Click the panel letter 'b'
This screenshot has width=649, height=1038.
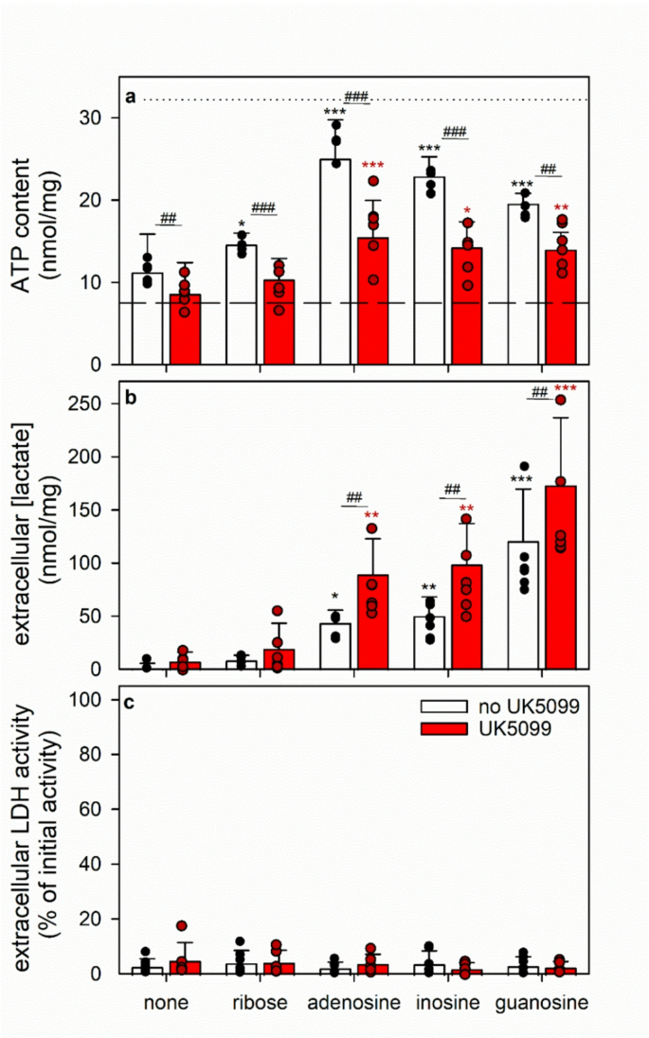pyautogui.click(x=133, y=399)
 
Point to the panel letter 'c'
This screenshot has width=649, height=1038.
pyautogui.click(x=133, y=702)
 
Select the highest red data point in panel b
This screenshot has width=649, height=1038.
pyautogui.click(x=561, y=401)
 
